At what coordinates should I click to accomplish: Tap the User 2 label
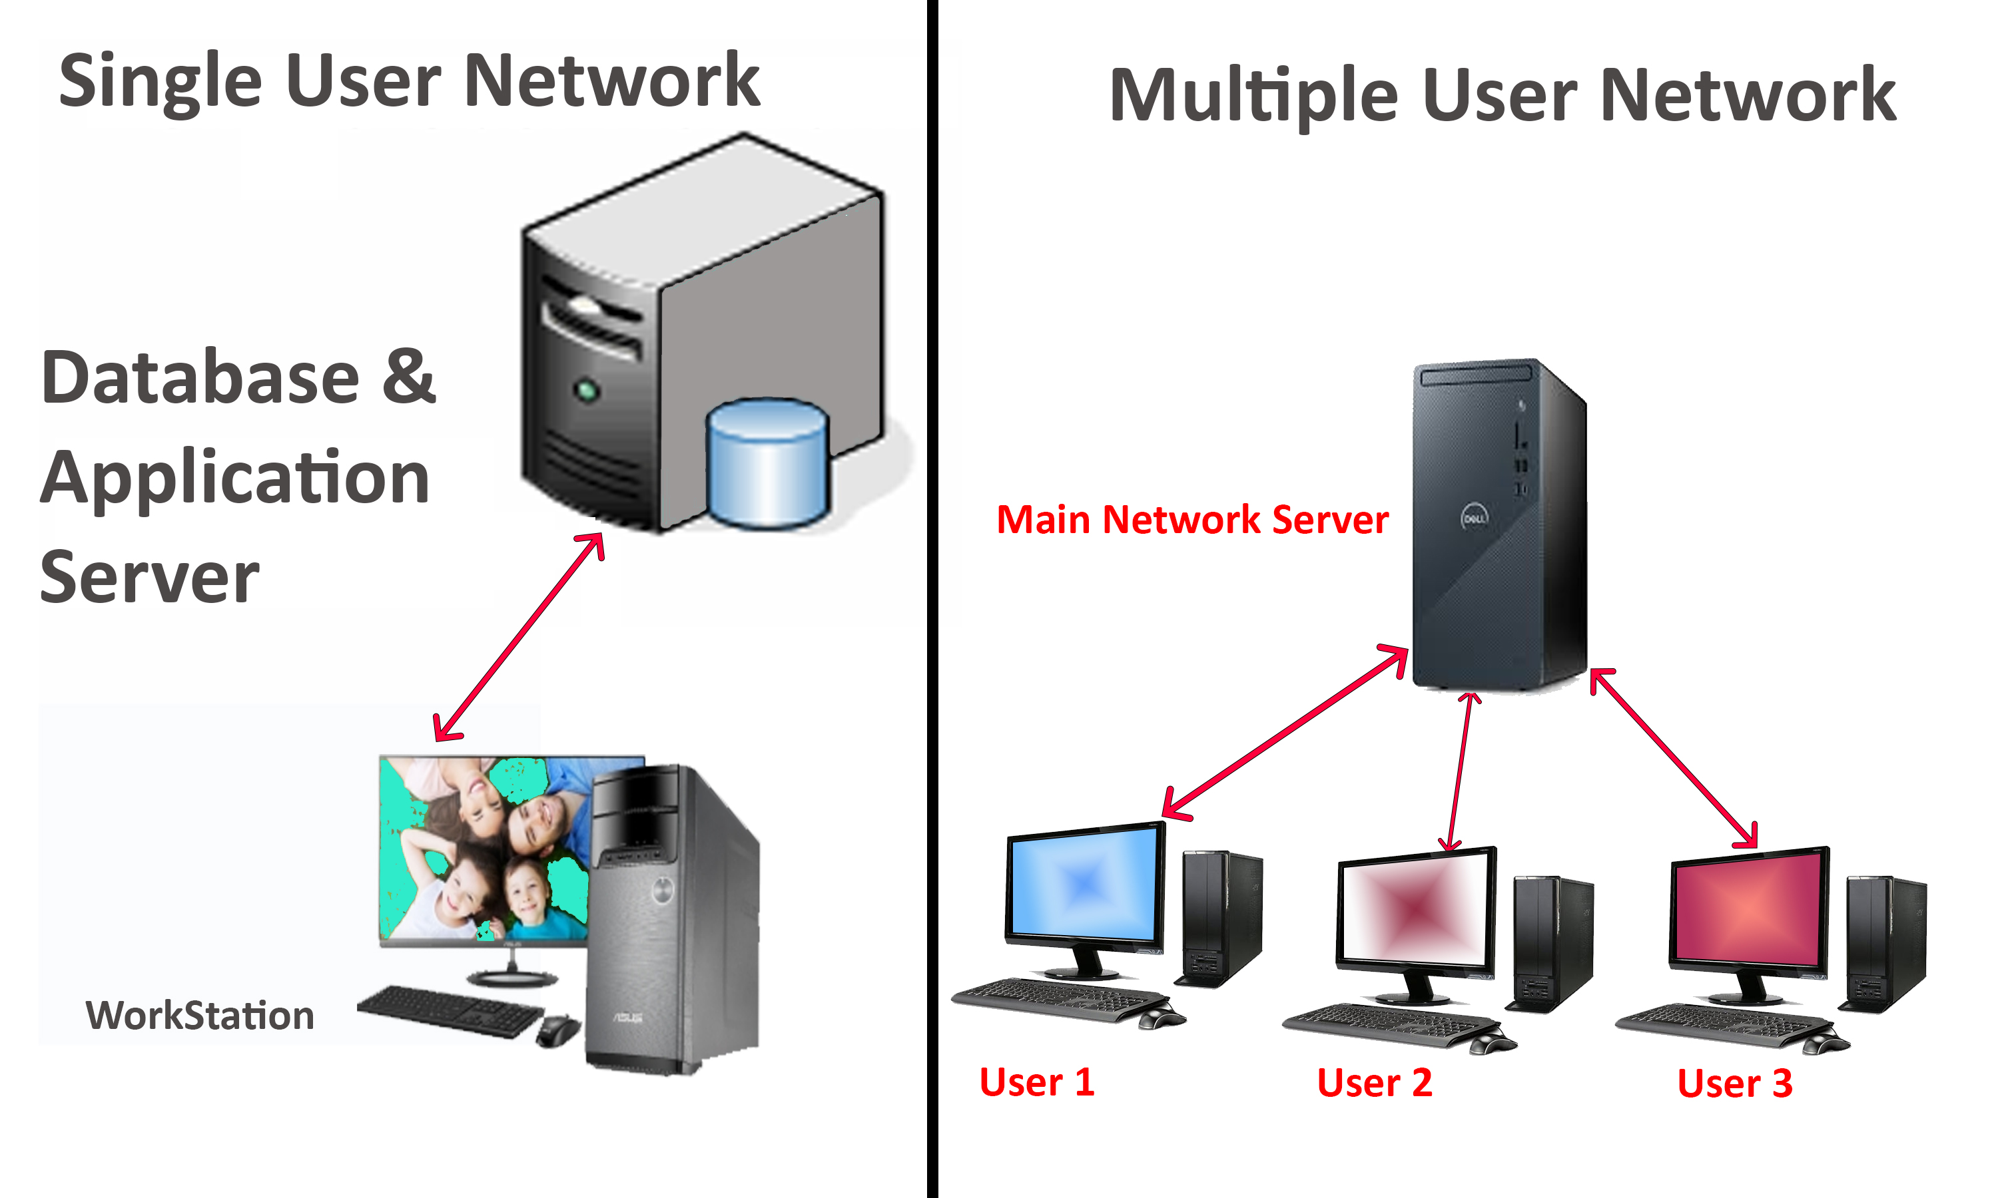coord(1374,1083)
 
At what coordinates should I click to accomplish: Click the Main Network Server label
coord(1192,519)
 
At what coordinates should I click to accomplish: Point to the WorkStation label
coord(200,1016)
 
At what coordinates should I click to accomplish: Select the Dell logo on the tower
coord(1474,517)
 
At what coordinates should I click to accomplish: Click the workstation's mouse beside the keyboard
coord(557,1030)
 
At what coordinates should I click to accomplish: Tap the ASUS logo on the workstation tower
coord(627,1017)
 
